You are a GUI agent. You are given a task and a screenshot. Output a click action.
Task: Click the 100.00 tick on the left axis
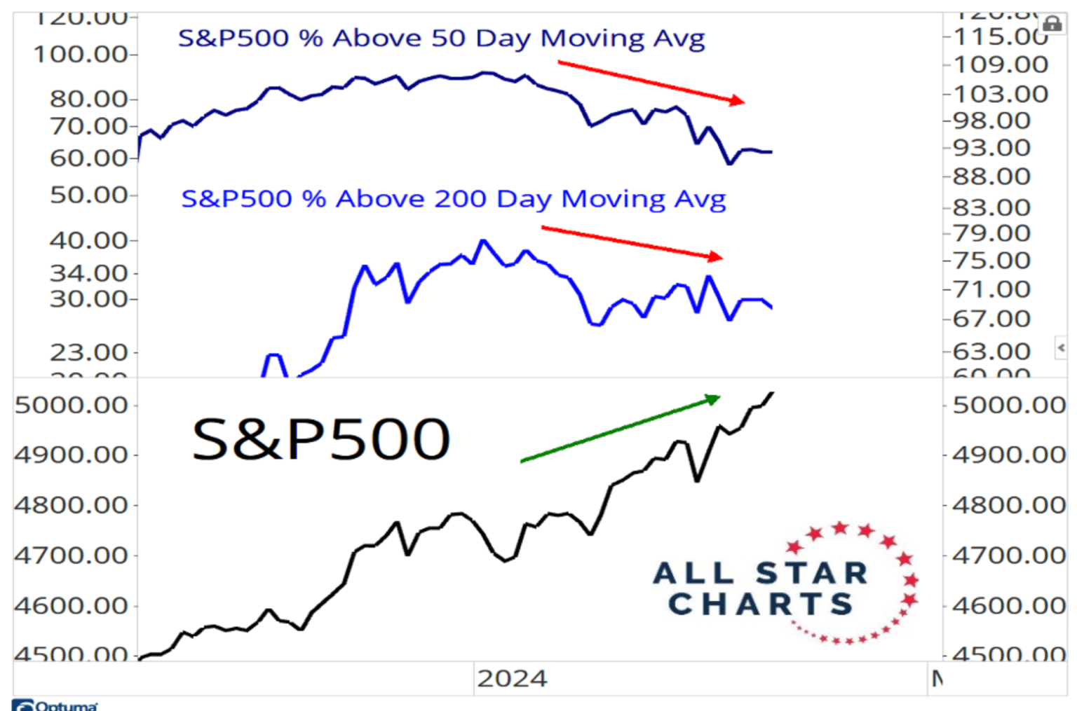81,54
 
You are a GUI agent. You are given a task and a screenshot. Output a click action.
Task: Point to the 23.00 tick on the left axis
88,352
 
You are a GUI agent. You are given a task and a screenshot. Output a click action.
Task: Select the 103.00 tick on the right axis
1000,94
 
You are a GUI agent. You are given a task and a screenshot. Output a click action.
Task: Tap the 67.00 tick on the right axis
991,319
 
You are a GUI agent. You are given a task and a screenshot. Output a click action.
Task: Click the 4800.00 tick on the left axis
71,505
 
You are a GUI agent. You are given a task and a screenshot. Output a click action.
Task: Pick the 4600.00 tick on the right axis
1008,605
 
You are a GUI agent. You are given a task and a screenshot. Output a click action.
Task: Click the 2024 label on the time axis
512,679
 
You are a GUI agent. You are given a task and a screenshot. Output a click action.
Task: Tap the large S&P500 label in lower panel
320,439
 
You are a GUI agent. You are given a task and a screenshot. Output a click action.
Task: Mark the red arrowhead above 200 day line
714,256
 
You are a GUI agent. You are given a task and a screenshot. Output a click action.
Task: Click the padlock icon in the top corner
1052,24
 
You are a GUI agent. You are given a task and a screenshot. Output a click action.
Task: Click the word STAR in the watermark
813,573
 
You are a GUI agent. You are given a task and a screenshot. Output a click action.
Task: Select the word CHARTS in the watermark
760,604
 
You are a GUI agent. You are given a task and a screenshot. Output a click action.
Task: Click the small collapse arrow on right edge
1061,347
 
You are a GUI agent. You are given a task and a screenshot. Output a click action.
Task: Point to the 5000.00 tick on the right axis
1008,405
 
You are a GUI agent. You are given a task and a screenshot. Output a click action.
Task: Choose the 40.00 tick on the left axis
88,241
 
